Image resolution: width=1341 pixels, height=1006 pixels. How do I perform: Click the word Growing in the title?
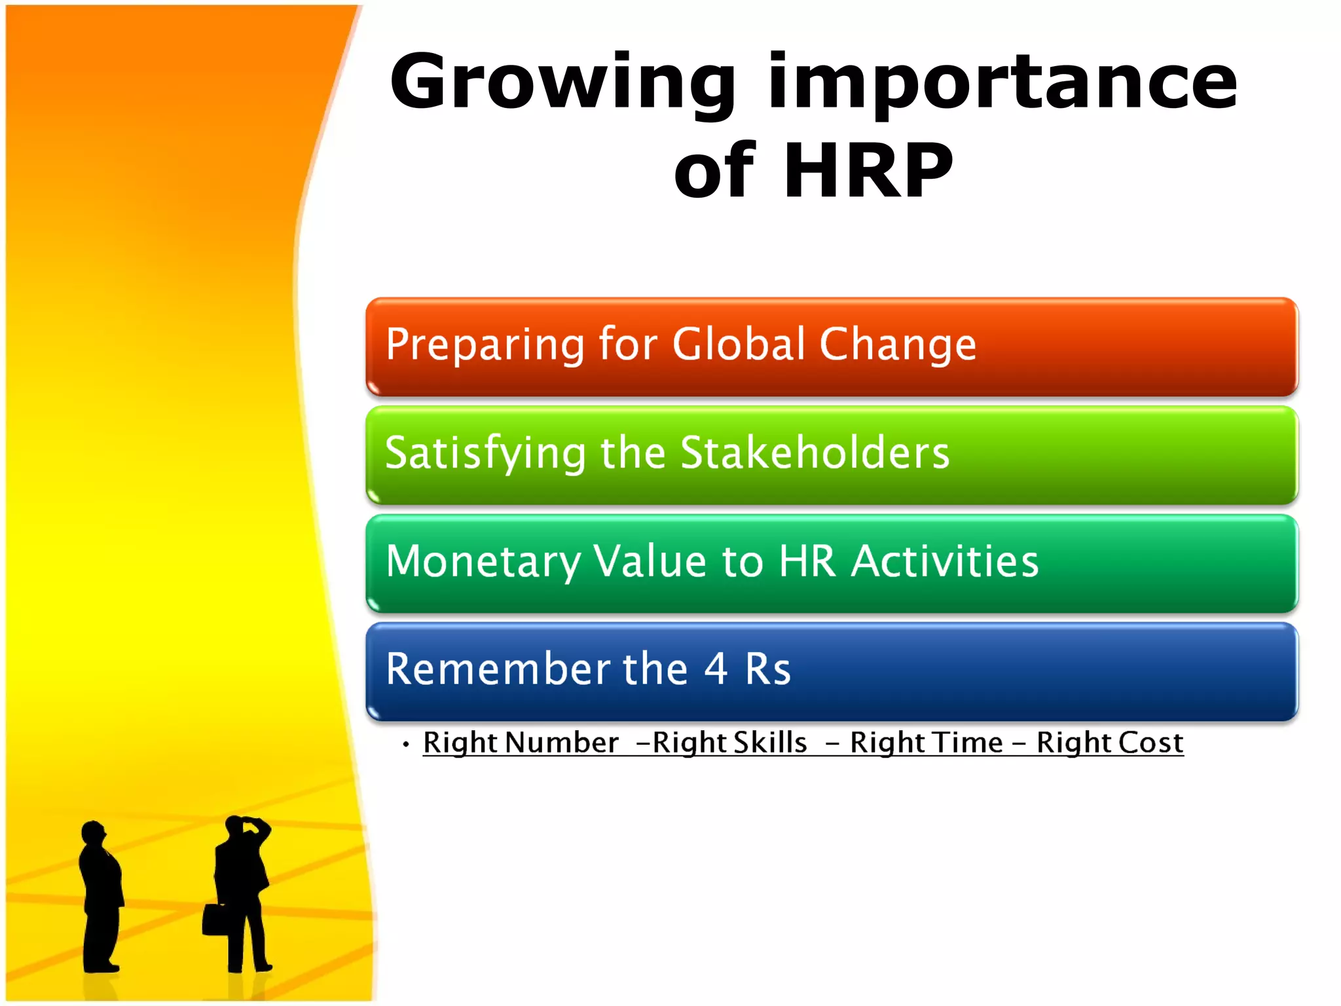563,84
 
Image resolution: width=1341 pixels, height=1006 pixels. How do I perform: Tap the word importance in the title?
1002,84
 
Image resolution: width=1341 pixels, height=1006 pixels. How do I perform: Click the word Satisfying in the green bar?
485,453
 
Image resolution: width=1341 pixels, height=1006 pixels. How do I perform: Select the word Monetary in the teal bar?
482,562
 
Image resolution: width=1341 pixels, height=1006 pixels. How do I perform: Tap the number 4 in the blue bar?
716,669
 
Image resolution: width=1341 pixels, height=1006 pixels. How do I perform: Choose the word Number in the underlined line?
561,743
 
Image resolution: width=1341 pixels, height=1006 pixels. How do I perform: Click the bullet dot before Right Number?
406,744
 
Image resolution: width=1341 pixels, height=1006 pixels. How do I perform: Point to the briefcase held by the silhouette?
214,920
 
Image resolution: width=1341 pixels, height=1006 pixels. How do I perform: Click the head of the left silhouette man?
93,832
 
